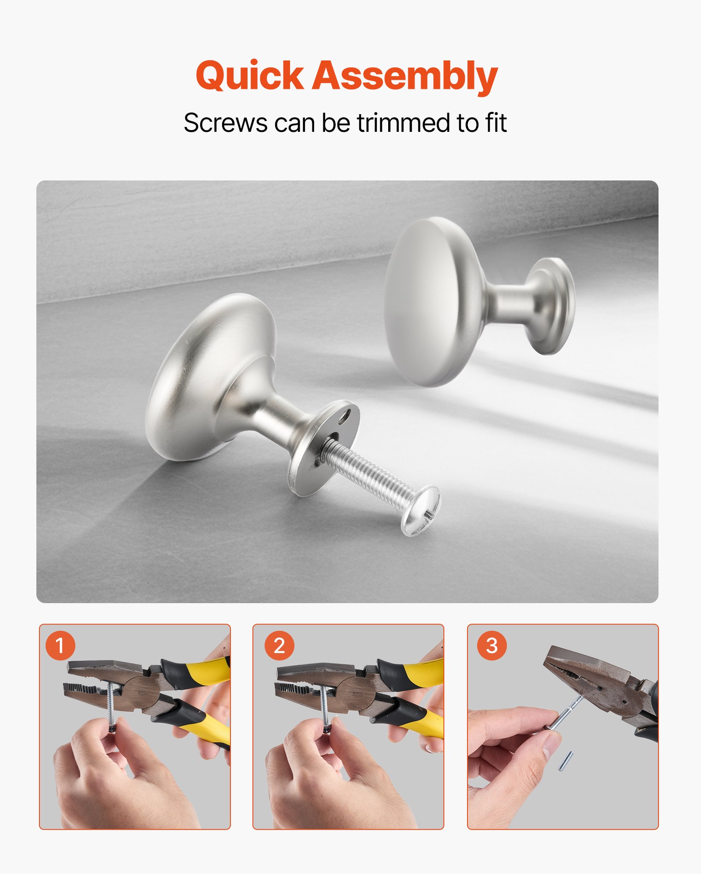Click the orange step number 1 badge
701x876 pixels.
[x=60, y=646]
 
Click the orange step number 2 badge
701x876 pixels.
[x=279, y=646]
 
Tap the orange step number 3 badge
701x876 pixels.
[x=492, y=646]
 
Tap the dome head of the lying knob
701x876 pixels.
[x=206, y=372]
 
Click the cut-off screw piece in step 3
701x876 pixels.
[x=566, y=761]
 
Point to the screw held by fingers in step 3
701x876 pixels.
[x=565, y=714]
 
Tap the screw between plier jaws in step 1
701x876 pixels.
[x=110, y=701]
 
